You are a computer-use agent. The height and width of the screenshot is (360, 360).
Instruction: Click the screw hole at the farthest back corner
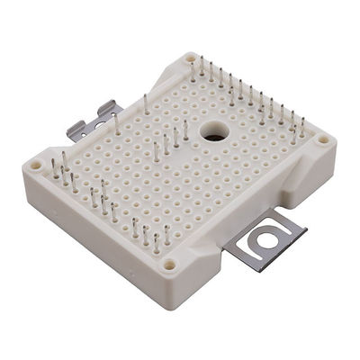pyautogui.click(x=191, y=59)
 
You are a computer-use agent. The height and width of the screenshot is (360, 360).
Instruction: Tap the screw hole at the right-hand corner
pyautogui.click(x=322, y=140)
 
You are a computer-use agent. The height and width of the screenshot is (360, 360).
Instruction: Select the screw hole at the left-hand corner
pyautogui.click(x=35, y=166)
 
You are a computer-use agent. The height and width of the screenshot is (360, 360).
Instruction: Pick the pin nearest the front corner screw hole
pyautogui.click(x=166, y=236)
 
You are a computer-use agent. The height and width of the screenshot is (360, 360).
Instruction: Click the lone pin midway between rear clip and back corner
pyautogui.click(x=147, y=103)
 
